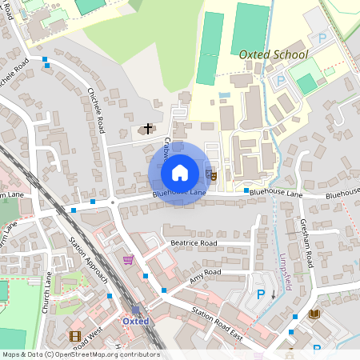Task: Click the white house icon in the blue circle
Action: pyautogui.click(x=180, y=172)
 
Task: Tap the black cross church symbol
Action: pyautogui.click(x=147, y=128)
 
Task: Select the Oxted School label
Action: pyautogui.click(x=273, y=54)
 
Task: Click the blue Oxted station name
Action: pyautogui.click(x=136, y=321)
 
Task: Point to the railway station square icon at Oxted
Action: pyautogui.click(x=135, y=310)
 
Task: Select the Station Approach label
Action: pyautogui.click(x=88, y=260)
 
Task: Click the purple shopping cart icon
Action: pyautogui.click(x=128, y=260)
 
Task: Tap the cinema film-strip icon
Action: pyautogui.click(x=75, y=337)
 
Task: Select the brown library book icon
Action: pyautogui.click(x=314, y=314)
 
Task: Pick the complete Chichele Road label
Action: pyautogui.click(x=95, y=110)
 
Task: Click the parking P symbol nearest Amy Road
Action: pyautogui.click(x=260, y=294)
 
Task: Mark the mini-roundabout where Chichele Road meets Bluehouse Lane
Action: pyautogui.click(x=113, y=202)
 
